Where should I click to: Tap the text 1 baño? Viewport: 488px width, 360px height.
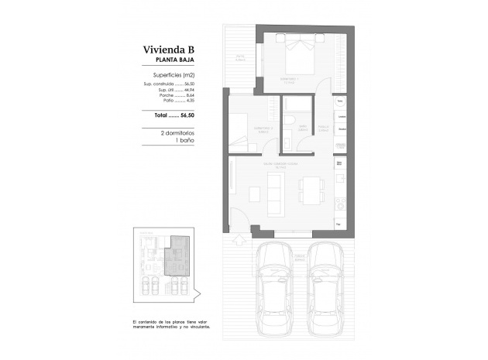pyautogui.click(x=184, y=141)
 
